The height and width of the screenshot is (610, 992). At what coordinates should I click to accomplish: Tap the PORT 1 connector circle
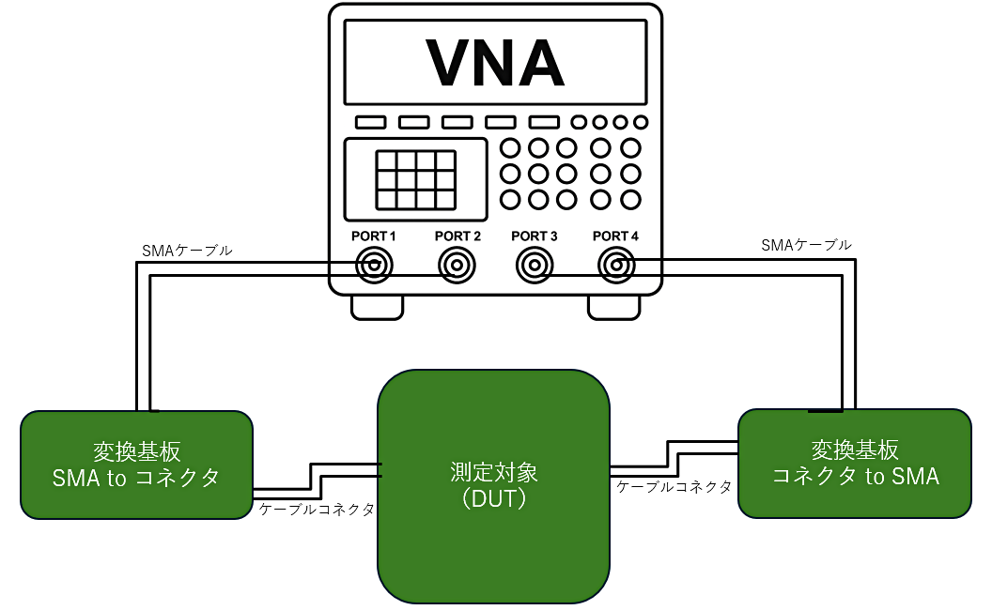tap(374, 267)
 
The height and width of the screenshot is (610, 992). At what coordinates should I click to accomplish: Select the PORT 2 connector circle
tap(457, 267)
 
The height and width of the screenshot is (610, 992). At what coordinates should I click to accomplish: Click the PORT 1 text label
tap(374, 236)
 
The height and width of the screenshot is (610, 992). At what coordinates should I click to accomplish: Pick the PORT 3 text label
tap(535, 236)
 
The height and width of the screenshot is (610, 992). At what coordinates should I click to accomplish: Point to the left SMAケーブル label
tap(187, 251)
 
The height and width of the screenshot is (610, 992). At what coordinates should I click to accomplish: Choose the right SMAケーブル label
tap(807, 245)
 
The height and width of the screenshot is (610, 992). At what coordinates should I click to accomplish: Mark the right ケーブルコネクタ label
tap(674, 486)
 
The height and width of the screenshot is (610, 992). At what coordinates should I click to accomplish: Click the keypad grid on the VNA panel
tap(416, 180)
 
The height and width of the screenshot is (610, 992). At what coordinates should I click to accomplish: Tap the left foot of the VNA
tap(378, 306)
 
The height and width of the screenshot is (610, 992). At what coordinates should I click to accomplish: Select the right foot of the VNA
tap(614, 306)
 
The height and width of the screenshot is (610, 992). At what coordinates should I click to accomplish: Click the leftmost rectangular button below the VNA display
tap(371, 122)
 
